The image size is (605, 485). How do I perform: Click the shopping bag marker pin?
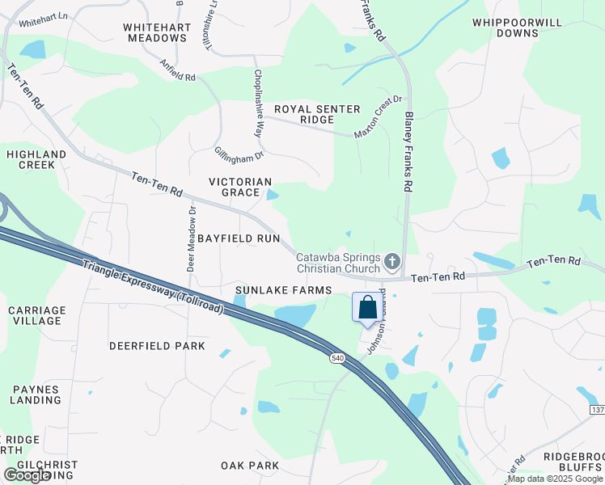point(367,308)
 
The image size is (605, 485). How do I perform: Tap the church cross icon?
point(392,260)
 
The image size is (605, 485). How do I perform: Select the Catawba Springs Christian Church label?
point(337,263)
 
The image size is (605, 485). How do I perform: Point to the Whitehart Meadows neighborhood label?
point(157,32)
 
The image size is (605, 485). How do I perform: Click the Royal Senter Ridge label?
point(304,114)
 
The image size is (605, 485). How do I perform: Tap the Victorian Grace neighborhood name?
point(239,187)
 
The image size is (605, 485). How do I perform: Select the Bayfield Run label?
point(238,238)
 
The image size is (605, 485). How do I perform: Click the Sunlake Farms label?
point(283,289)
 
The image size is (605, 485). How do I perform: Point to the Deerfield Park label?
point(151,345)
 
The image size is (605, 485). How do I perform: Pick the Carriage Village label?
point(36,315)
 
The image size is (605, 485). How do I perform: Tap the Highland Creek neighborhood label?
point(36,159)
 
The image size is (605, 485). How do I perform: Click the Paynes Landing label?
point(36,394)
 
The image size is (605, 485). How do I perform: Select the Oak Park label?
point(250,465)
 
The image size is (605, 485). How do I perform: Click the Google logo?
point(27,475)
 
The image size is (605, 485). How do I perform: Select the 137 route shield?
point(596,411)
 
